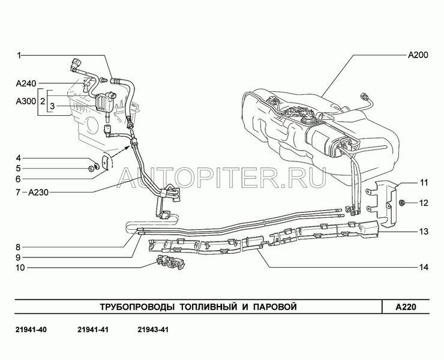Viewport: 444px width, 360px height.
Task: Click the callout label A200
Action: point(418,55)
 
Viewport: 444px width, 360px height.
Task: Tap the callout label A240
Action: point(26,83)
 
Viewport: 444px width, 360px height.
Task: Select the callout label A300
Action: point(26,101)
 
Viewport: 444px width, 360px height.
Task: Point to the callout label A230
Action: point(38,193)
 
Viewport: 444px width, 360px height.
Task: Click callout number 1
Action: point(19,56)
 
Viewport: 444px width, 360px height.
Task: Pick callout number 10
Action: point(20,268)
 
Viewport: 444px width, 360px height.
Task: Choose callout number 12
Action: point(424,203)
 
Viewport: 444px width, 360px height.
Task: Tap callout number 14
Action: point(424,267)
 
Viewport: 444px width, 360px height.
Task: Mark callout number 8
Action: point(18,247)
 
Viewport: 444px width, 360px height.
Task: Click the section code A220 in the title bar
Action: point(406,307)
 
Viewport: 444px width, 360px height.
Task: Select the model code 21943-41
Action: point(153,329)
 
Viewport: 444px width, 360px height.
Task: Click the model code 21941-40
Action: point(31,329)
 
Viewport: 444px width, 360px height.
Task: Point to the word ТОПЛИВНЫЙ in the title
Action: point(208,307)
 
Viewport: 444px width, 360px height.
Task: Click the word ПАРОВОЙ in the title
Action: point(275,307)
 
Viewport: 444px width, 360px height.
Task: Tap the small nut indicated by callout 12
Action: point(401,202)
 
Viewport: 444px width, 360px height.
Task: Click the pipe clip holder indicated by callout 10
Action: point(170,262)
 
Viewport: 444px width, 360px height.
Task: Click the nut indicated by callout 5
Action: point(91,169)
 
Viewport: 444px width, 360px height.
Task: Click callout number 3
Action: point(52,106)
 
